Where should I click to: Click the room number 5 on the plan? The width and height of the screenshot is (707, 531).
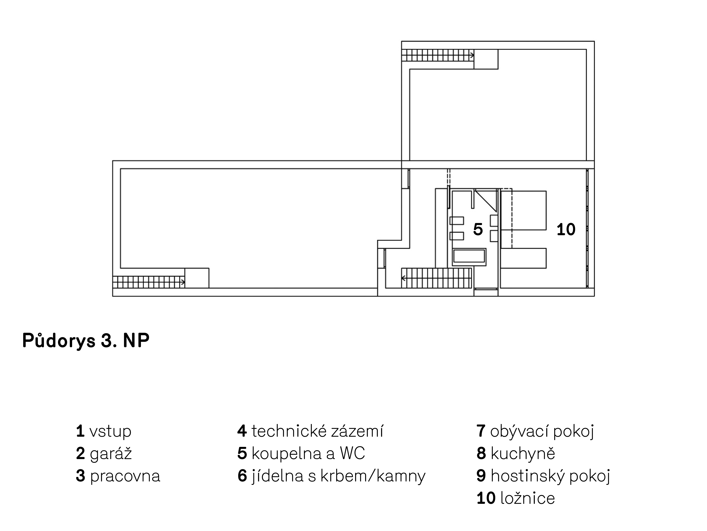(478, 230)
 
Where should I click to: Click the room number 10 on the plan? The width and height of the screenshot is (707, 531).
(566, 230)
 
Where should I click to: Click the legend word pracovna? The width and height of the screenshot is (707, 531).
(125, 476)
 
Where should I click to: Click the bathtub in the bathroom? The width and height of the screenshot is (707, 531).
(469, 257)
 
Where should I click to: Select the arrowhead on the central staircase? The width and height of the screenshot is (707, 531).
(404, 278)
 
